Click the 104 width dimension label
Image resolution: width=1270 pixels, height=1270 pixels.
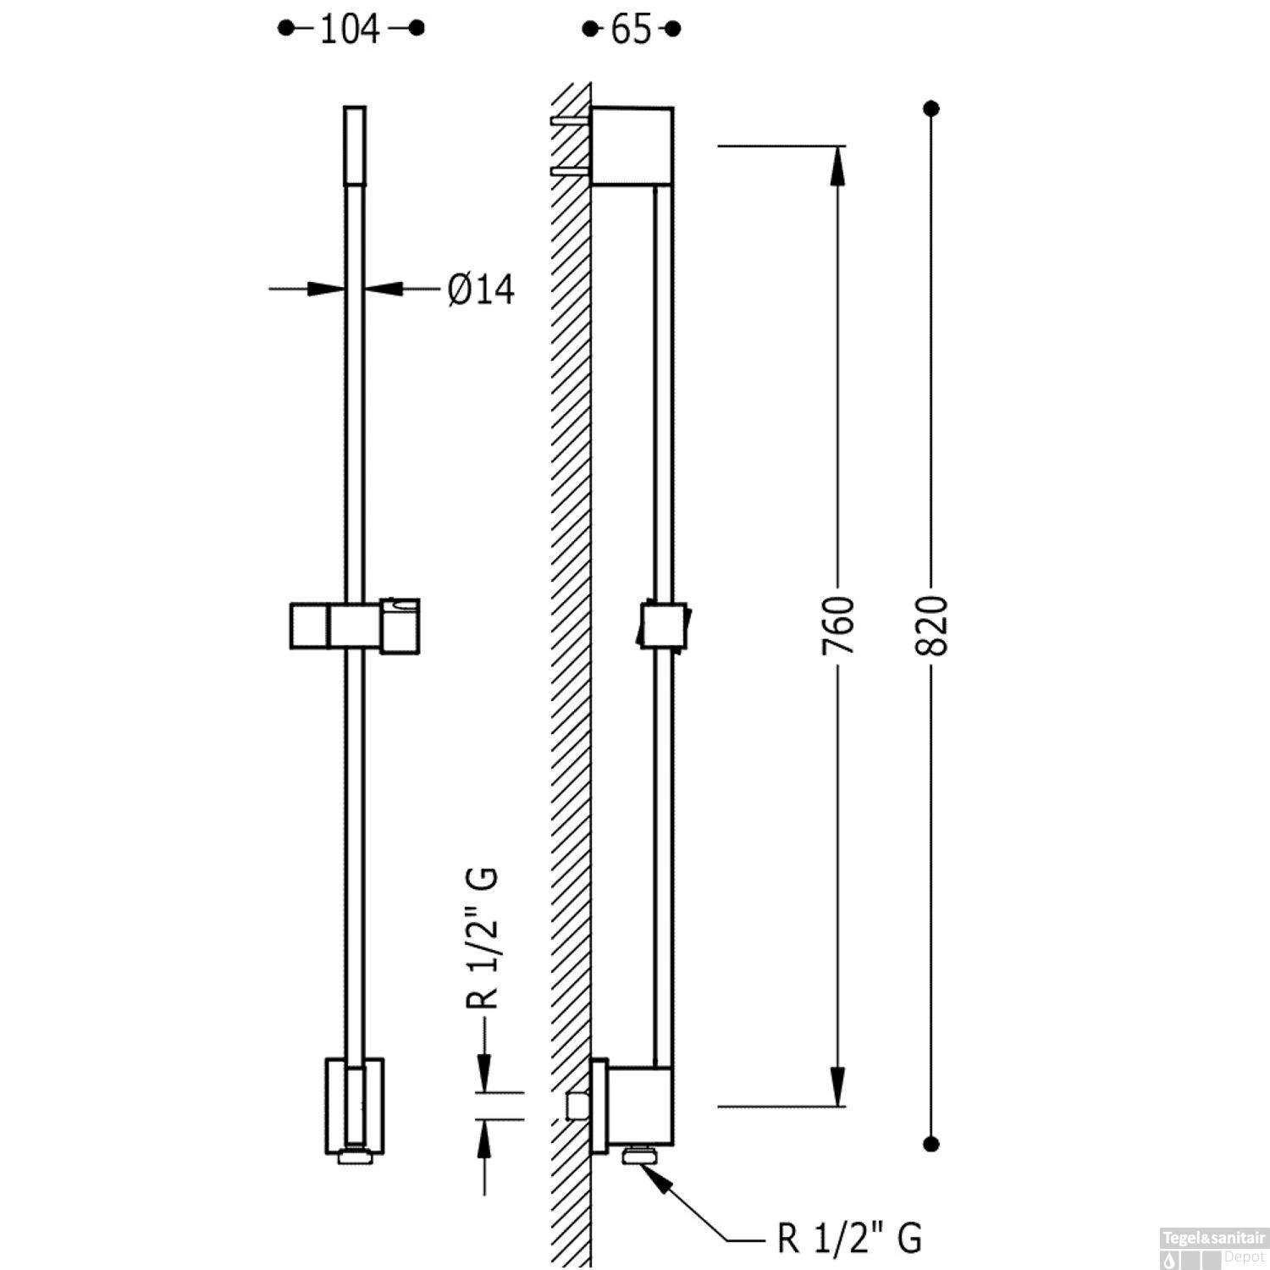pos(350,30)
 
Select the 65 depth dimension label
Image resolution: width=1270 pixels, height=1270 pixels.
pos(631,30)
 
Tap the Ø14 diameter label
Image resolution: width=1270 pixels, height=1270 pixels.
pos(481,290)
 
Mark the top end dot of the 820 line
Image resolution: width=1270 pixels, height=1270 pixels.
pos(932,108)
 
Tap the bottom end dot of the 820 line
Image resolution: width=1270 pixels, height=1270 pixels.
pos(932,1144)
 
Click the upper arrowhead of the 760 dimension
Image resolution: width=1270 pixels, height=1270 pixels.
pos(838,166)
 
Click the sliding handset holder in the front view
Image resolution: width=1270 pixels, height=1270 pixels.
pos(355,627)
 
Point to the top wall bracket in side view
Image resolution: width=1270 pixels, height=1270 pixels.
pos(632,145)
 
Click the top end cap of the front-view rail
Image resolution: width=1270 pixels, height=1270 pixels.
pos(355,145)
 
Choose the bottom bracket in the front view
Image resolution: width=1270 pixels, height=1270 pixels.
pos(355,1105)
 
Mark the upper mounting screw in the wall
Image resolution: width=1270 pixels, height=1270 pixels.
pos(570,121)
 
